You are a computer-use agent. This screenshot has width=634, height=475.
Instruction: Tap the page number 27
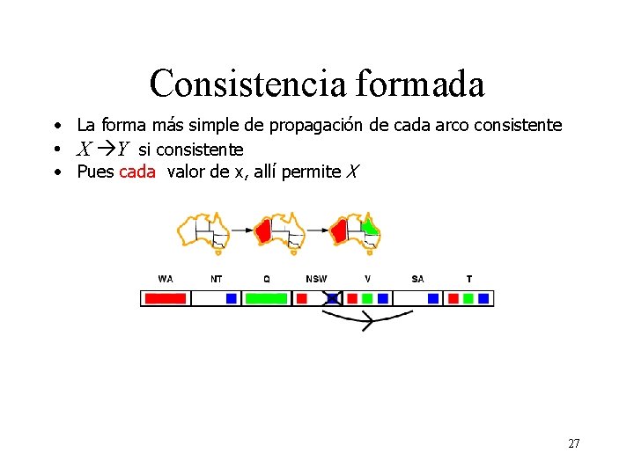[573, 444]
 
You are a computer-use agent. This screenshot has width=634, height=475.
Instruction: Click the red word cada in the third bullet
[136, 172]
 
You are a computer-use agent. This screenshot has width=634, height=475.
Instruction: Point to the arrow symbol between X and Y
[104, 149]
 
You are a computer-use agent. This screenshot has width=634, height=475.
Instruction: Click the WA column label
[165, 279]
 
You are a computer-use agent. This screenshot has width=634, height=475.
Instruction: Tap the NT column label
[216, 279]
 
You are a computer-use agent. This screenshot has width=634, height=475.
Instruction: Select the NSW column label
[316, 279]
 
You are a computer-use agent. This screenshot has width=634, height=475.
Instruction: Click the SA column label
[417, 279]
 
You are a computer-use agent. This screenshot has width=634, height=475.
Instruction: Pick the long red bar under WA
[165, 298]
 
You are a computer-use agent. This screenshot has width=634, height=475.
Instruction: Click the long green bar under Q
[266, 298]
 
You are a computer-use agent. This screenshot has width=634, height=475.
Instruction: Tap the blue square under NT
[231, 298]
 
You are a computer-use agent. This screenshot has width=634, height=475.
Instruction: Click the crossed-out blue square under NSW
[332, 298]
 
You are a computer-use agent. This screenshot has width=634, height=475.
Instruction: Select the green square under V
[367, 298]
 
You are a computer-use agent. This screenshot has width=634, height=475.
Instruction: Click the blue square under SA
[433, 298]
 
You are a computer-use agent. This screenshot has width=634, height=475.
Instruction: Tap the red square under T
[453, 298]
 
